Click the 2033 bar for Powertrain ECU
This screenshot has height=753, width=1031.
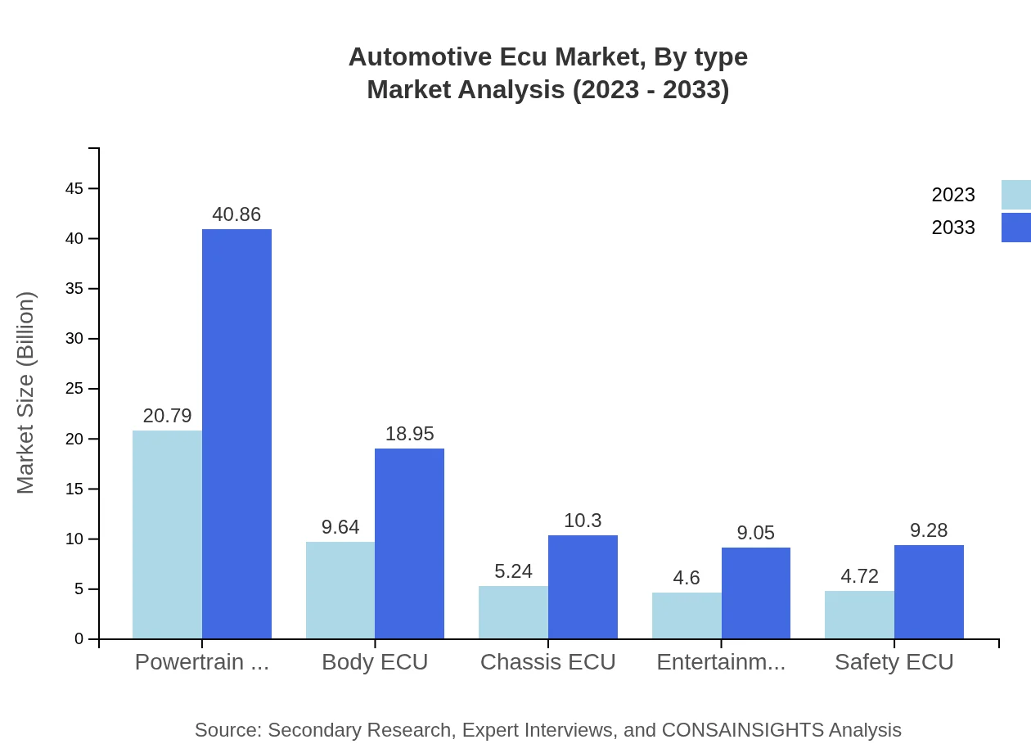[x=236, y=434]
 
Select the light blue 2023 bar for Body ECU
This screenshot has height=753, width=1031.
[x=340, y=590]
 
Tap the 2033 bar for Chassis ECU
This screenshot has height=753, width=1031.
[x=583, y=587]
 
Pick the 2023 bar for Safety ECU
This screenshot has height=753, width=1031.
[x=859, y=615]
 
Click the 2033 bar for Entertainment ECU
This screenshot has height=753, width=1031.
[x=755, y=593]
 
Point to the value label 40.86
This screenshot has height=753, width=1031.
[x=236, y=214]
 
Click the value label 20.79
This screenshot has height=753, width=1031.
[x=167, y=416]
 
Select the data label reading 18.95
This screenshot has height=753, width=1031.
[x=409, y=434]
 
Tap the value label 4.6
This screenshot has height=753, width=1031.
[x=687, y=578]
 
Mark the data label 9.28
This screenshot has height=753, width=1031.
[x=929, y=530]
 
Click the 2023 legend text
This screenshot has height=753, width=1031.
[x=953, y=195]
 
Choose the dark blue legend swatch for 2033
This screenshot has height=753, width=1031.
[x=1015, y=228]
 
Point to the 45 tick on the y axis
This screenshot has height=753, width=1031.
[x=74, y=189]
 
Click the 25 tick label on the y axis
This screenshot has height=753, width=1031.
[x=74, y=389]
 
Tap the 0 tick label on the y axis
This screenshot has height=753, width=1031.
[x=79, y=638]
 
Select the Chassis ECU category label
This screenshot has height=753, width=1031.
[x=547, y=661]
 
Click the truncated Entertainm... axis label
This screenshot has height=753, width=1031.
[x=721, y=661]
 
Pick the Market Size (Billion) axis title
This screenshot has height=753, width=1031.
[x=26, y=393]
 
